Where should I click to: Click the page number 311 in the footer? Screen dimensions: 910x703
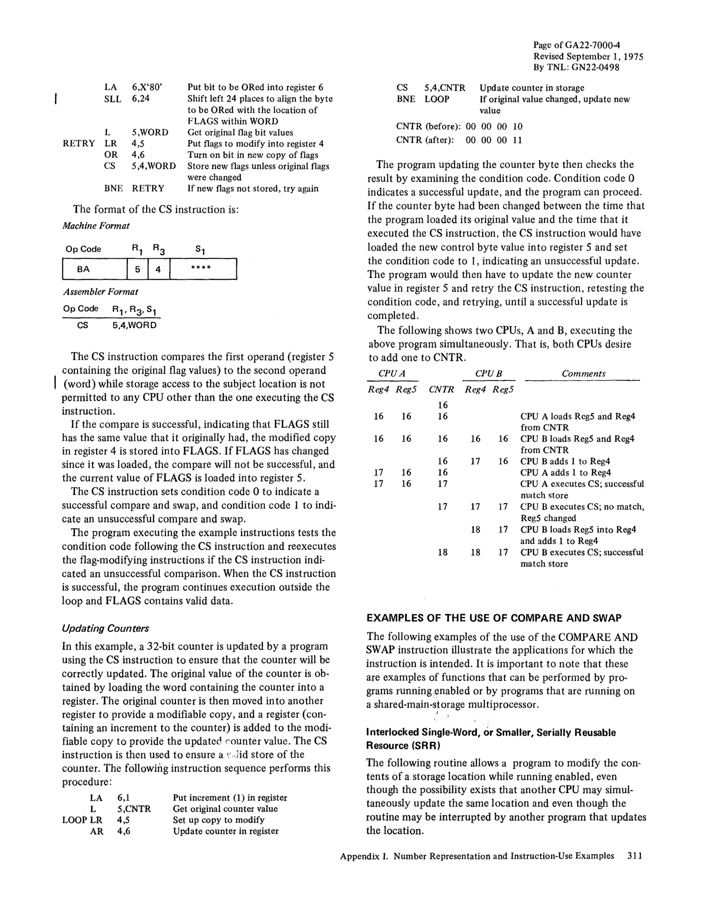coord(635,856)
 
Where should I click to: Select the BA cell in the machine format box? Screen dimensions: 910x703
coord(83,269)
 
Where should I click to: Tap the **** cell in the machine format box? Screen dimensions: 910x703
coord(202,268)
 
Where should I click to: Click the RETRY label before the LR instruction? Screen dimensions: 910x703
coord(79,144)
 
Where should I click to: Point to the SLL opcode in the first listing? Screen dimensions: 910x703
coord(113,99)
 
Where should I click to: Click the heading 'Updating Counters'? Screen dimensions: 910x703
coord(106,628)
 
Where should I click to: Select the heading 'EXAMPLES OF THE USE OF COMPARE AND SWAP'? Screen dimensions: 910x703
coord(494,618)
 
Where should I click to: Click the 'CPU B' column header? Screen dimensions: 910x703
coord(488,374)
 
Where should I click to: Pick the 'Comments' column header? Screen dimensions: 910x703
coord(583,374)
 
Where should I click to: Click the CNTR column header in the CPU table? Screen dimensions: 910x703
coord(441,390)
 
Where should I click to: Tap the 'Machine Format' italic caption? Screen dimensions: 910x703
coord(96,226)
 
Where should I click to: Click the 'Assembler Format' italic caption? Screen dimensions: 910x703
coord(100,292)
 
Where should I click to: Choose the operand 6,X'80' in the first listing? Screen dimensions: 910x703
coord(147,87)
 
